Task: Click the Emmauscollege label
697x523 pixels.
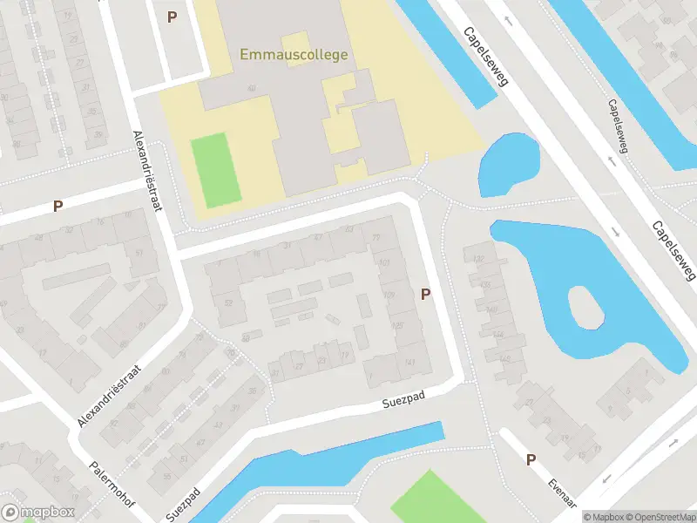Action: tap(294, 54)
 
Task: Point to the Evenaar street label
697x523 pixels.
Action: tap(564, 492)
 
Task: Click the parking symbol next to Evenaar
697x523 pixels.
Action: tap(530, 459)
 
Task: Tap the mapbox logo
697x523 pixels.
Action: tap(37, 513)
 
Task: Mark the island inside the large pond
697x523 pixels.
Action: tap(585, 307)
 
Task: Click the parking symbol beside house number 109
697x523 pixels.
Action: tap(425, 295)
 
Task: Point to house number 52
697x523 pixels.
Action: tap(229, 302)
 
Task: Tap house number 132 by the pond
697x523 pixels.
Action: tap(477, 259)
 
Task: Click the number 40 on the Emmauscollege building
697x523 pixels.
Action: tap(251, 88)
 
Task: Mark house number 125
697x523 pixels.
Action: tap(397, 325)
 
